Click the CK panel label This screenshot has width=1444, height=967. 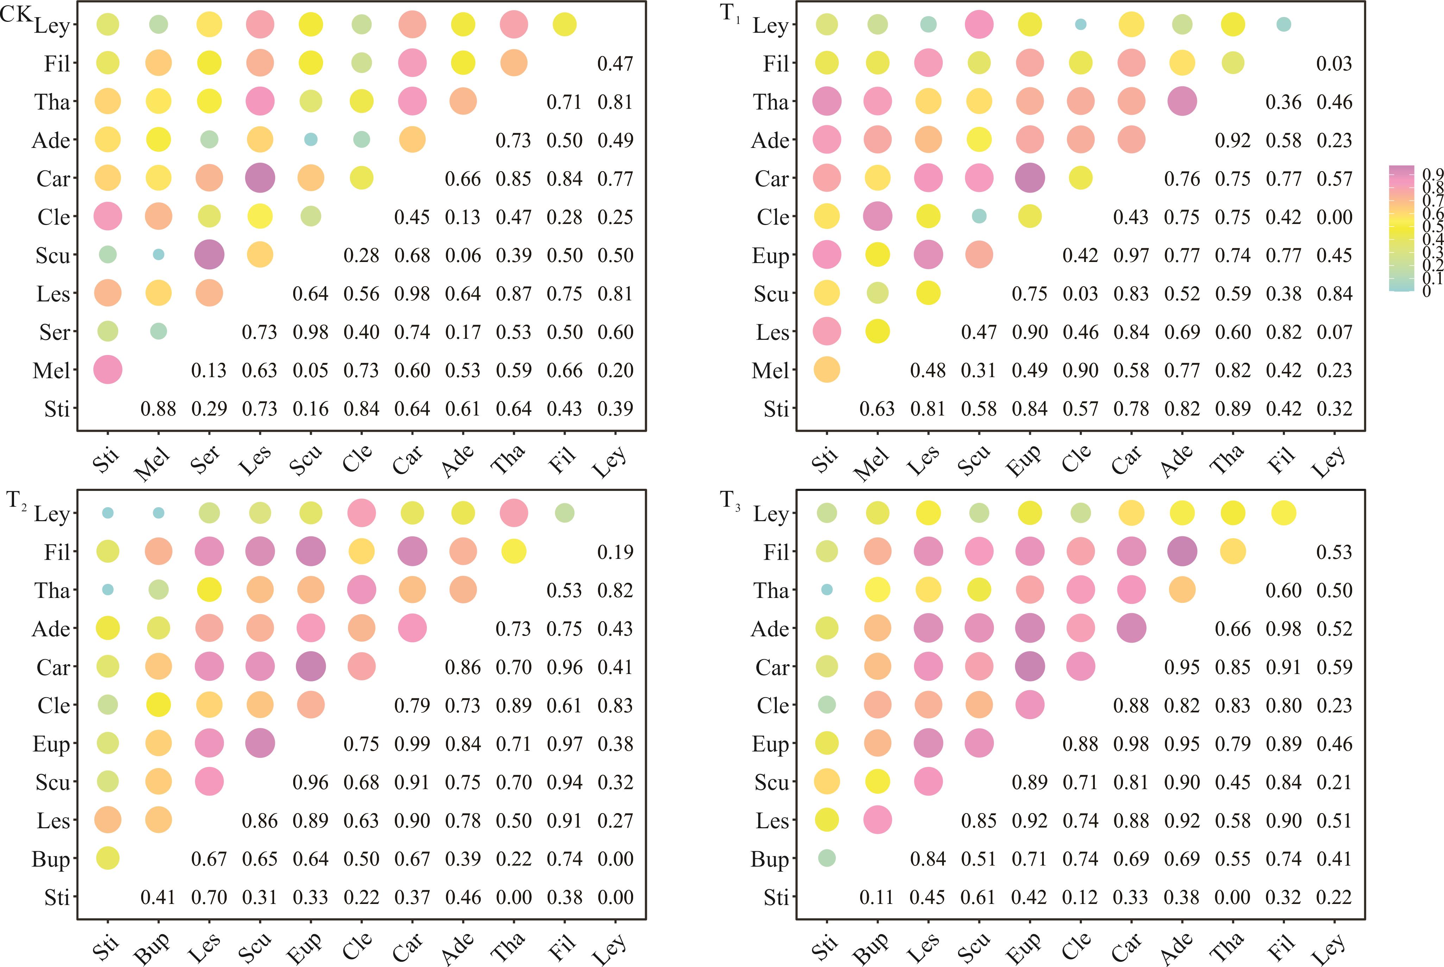tap(16, 14)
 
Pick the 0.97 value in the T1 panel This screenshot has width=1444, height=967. tap(1131, 255)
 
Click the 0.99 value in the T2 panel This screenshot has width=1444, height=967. tap(412, 744)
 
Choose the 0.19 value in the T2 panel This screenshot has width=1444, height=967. tap(615, 552)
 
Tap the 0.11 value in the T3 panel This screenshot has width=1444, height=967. tap(876, 897)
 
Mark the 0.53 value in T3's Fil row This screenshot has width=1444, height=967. tap(1334, 552)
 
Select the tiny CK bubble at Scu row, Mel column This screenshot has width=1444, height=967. tap(158, 255)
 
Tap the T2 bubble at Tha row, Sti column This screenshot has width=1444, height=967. tap(108, 589)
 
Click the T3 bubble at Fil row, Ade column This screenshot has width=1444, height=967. tap(1181, 551)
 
